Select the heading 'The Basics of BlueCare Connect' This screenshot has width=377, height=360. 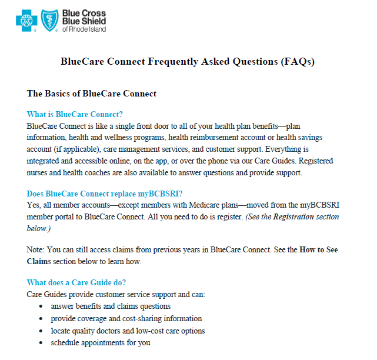point(92,94)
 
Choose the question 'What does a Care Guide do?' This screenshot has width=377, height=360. point(76,283)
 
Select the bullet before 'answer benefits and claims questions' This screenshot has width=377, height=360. point(40,306)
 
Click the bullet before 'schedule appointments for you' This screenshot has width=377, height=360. point(40,343)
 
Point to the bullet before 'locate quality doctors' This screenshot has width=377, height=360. point(40,331)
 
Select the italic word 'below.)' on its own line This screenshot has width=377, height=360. point(39,228)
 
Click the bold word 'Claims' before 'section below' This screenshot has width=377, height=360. point(39,261)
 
